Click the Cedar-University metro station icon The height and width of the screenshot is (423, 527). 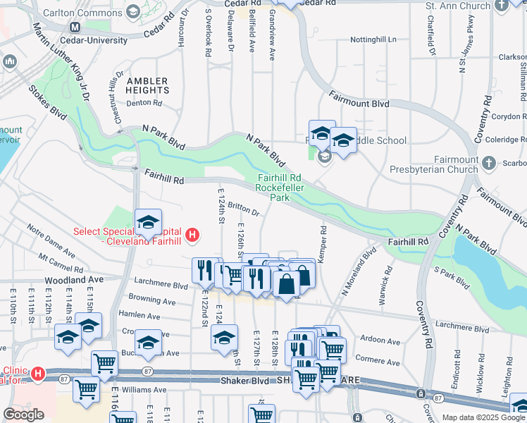[75, 27]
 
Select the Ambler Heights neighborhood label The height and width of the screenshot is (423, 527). [147, 85]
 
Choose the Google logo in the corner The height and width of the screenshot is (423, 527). [23, 415]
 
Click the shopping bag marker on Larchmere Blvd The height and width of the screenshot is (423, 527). [287, 285]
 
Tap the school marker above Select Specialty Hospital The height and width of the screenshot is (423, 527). [148, 223]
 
